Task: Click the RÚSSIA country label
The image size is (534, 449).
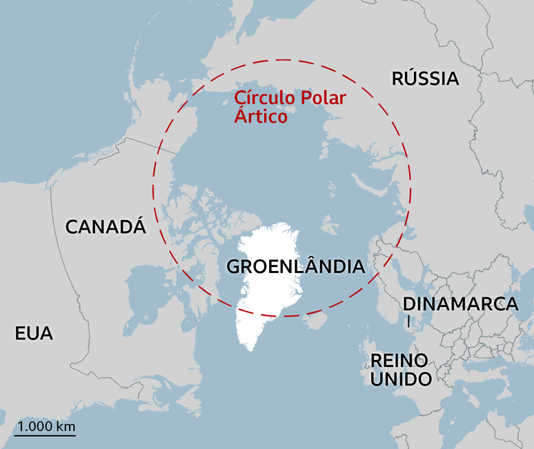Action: click(425, 78)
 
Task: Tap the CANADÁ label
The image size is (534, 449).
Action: click(106, 226)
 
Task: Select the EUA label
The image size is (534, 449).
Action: click(34, 334)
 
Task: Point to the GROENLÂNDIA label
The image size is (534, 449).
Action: click(295, 266)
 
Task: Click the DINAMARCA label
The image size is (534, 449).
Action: click(460, 303)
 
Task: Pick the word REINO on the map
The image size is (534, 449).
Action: click(399, 360)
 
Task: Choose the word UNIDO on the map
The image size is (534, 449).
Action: click(401, 379)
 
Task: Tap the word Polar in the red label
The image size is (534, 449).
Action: click(322, 99)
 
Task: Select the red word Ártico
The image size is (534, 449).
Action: click(261, 117)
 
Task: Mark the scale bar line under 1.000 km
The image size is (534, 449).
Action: click(45, 435)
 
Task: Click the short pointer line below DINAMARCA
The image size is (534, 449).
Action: click(408, 321)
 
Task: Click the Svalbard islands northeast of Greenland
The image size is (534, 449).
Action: click(330, 224)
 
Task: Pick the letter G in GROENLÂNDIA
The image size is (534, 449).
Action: click(234, 266)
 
